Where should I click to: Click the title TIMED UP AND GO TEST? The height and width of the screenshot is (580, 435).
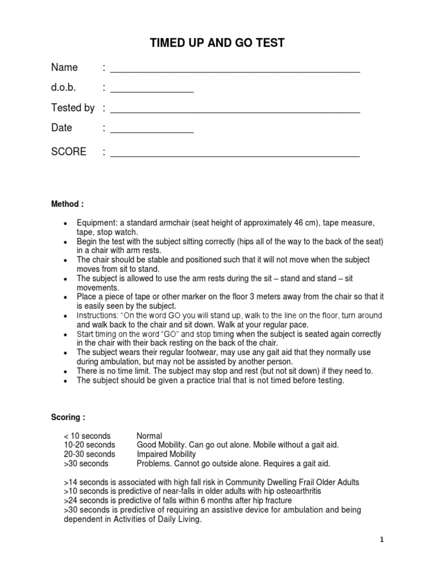217,43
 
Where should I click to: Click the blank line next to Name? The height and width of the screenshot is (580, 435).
235,72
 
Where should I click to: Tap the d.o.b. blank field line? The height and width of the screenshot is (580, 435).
152,92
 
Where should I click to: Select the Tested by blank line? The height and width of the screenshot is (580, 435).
235,112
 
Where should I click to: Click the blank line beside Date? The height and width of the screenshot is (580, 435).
152,132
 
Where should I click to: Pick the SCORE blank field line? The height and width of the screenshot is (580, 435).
235,156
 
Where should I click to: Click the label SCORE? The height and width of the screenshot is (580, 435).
69,152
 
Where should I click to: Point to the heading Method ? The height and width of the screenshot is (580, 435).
69,203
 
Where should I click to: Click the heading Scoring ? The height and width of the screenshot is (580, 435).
69,417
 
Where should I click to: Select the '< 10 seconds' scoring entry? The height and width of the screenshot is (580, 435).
88,436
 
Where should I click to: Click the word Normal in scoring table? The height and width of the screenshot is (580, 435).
150,436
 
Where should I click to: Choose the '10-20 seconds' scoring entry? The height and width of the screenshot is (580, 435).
89,445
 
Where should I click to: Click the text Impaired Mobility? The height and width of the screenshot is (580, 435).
167,454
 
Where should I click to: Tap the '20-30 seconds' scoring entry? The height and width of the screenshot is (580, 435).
89,454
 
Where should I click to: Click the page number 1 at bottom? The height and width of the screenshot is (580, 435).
382,540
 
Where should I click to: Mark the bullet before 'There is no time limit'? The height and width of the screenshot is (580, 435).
67,371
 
